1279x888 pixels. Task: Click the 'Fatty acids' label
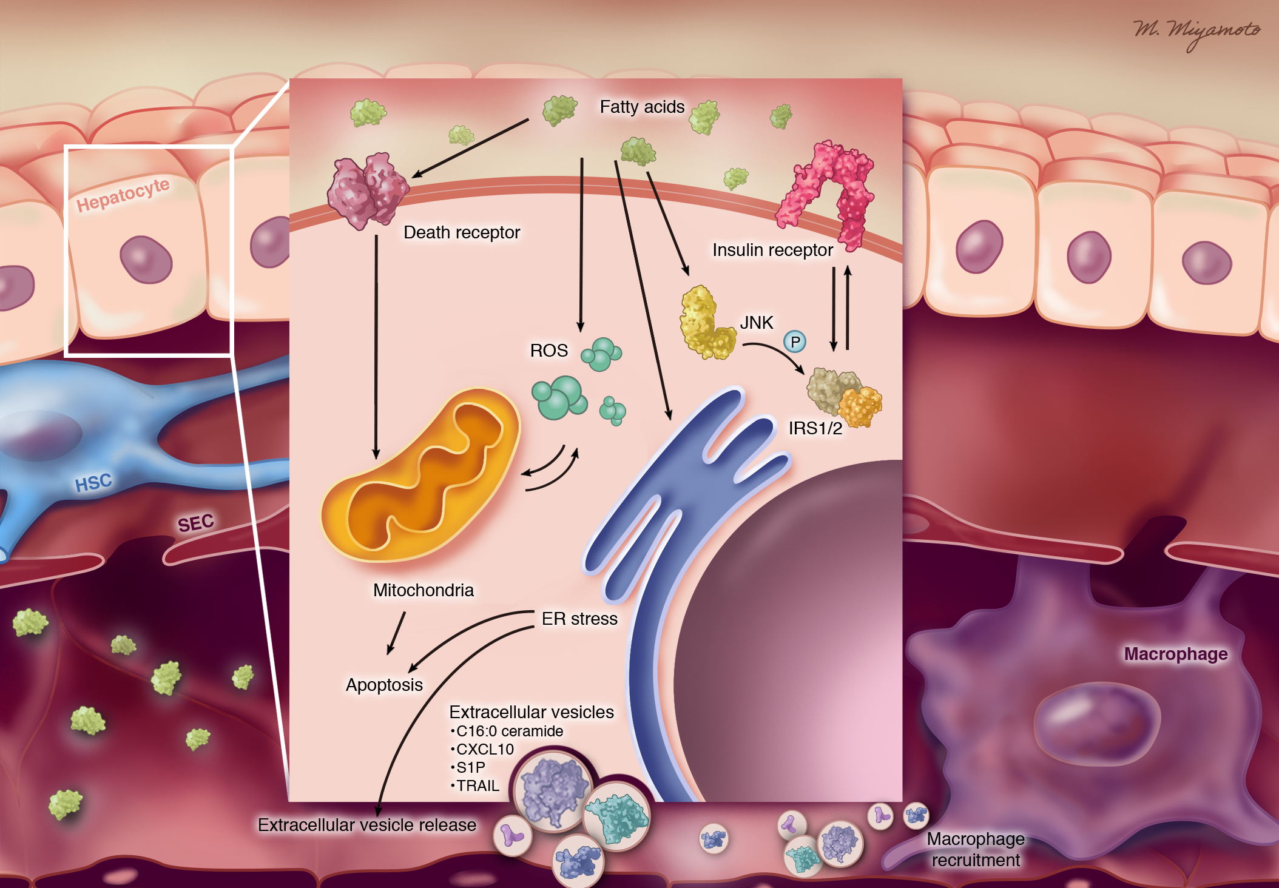click(642, 107)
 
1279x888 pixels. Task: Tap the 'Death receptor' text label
click(461, 232)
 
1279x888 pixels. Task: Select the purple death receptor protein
click(366, 190)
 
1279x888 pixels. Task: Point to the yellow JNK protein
click(704, 325)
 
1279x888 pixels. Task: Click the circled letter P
click(795, 342)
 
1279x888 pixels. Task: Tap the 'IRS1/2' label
click(815, 428)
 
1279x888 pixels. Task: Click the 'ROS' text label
click(548, 351)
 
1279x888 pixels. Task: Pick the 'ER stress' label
click(579, 619)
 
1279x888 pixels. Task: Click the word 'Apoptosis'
click(384, 685)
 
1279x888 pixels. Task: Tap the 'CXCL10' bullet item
click(484, 749)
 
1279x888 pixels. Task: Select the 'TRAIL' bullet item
click(478, 785)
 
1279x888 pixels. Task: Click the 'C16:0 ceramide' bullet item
click(509, 731)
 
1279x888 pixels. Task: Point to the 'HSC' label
click(93, 483)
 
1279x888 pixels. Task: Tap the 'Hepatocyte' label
click(123, 194)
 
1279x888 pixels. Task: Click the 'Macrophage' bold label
click(1175, 654)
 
